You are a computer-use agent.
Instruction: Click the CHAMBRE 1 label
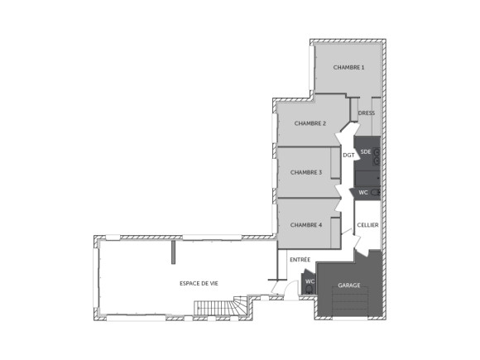[x=348, y=67]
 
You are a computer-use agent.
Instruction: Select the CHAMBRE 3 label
[x=306, y=172]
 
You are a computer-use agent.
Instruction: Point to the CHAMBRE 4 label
[x=306, y=224]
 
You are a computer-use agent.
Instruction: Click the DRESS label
[x=367, y=113]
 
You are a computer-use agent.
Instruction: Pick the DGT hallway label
[x=348, y=155]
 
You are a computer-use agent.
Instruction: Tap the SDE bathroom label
[x=366, y=151]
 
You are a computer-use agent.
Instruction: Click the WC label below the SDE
[x=362, y=192]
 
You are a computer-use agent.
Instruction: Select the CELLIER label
[x=367, y=225]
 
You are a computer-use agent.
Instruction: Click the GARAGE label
[x=348, y=286]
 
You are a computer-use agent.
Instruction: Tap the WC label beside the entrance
[x=310, y=281]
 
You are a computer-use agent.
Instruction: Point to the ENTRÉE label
[x=300, y=259]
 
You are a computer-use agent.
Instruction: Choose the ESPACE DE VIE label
[x=199, y=283]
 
